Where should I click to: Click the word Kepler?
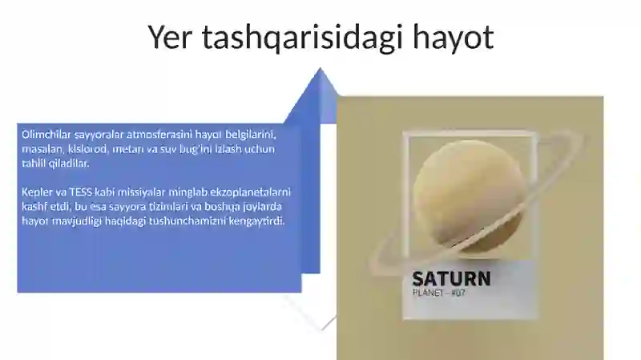(x=36, y=192)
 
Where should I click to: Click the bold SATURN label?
(x=451, y=279)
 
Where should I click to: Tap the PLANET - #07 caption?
(x=438, y=293)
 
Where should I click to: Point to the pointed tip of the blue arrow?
(x=322, y=70)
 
